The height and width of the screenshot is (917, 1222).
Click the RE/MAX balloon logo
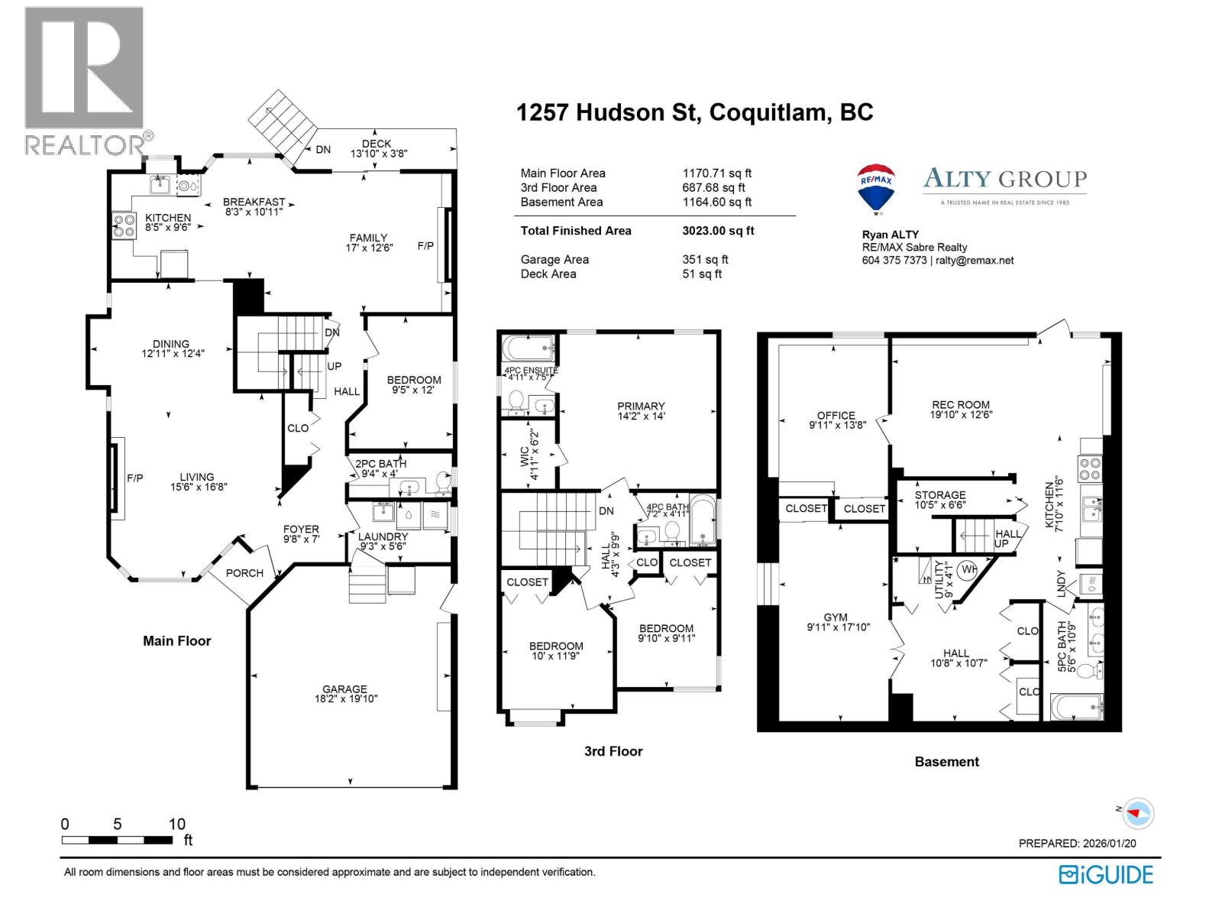click(877, 189)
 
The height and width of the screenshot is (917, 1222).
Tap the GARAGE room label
click(344, 689)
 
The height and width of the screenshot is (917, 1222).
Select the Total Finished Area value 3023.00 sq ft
click(718, 231)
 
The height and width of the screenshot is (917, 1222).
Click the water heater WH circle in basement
click(968, 569)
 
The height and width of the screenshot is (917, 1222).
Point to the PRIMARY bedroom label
click(641, 407)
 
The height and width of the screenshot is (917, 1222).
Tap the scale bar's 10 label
click(176, 824)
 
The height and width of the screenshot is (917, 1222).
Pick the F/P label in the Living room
click(134, 478)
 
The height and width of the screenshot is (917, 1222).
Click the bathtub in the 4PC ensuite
click(528, 348)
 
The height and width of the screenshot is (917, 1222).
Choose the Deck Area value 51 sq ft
click(702, 274)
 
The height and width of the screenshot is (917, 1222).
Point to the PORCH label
click(244, 573)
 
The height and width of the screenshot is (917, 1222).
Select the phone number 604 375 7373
click(894, 261)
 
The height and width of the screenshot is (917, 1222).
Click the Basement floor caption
click(946, 762)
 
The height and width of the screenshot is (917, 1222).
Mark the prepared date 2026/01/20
click(1109, 844)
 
